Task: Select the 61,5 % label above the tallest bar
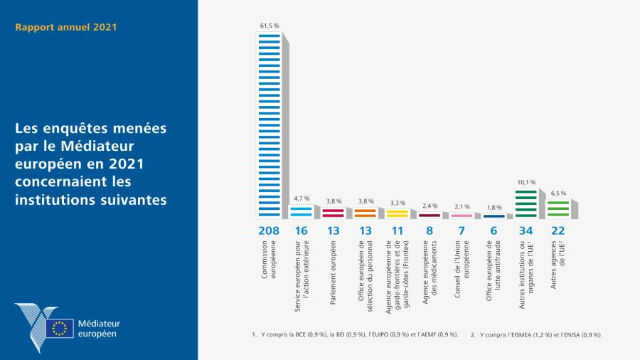(x=269, y=26)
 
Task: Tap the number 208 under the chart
(x=269, y=231)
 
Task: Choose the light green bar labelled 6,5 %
(x=557, y=208)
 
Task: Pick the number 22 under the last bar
(x=557, y=231)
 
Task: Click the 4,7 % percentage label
(x=301, y=198)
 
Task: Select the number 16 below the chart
(x=301, y=231)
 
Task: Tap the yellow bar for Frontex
(x=397, y=213)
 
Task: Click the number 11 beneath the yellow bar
(x=397, y=231)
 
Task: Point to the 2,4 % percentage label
(x=429, y=206)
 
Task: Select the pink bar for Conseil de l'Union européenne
(x=461, y=215)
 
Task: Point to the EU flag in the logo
(x=60, y=328)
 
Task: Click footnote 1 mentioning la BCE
(x=355, y=334)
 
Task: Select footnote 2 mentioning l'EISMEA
(x=536, y=334)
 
